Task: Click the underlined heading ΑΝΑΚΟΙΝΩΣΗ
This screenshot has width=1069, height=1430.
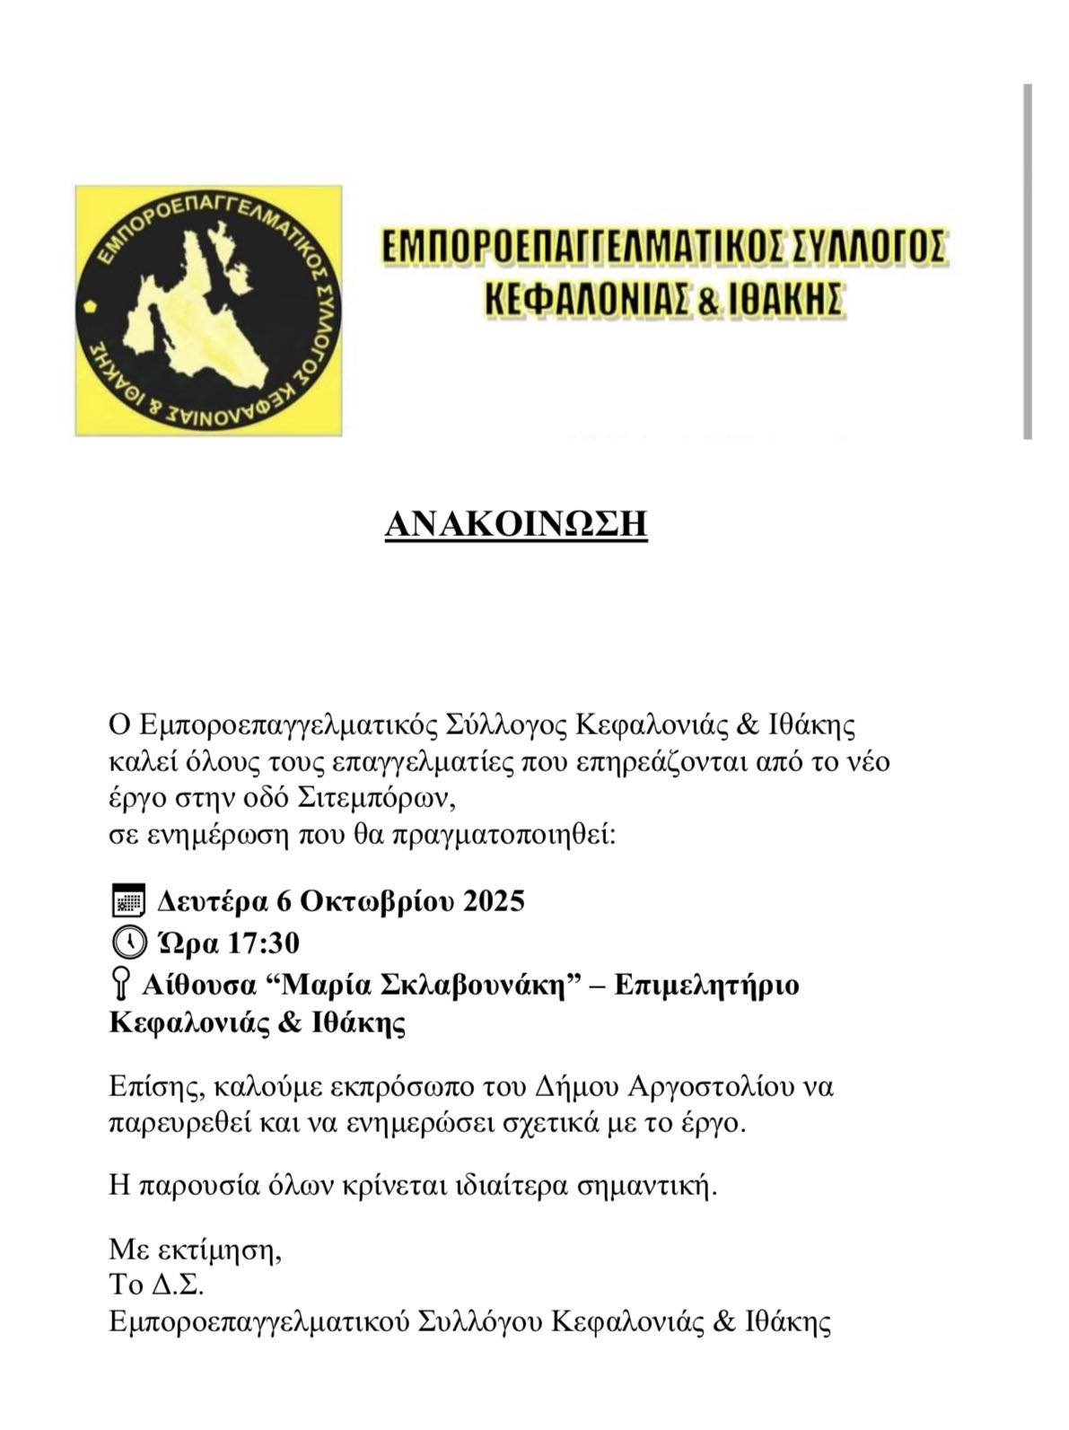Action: pos(516,524)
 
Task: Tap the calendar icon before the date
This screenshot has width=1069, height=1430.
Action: pos(127,900)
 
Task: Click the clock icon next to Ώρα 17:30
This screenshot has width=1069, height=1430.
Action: pos(128,943)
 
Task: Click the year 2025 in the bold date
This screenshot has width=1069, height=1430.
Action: pos(493,900)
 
